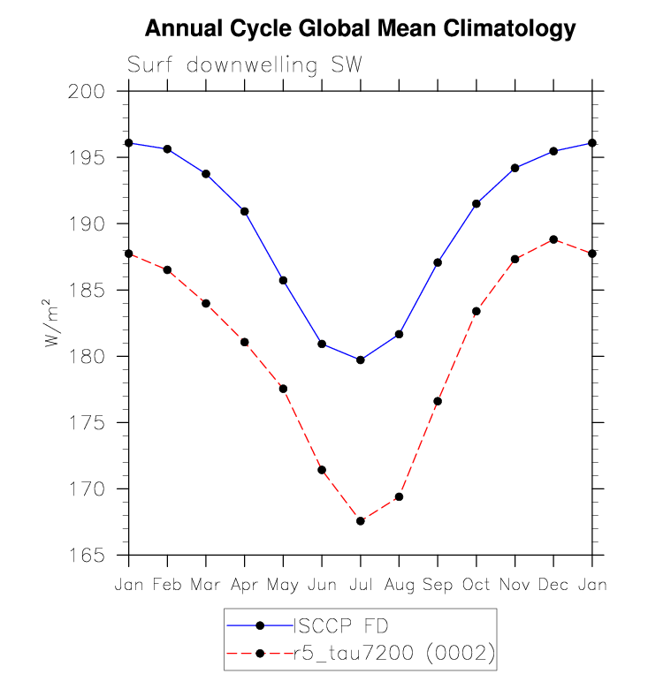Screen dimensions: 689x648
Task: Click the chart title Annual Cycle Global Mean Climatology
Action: [x=360, y=29]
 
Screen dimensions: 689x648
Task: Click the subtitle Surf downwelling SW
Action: [x=245, y=65]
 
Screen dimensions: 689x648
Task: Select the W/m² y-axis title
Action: [x=53, y=323]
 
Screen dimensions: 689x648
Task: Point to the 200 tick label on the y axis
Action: [x=88, y=92]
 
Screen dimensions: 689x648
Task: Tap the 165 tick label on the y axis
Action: [x=88, y=556]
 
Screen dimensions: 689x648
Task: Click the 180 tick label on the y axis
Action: [x=88, y=357]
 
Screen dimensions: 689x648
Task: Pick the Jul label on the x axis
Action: [x=360, y=586]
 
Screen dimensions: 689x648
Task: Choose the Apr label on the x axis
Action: [x=244, y=586]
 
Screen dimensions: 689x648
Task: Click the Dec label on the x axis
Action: [x=553, y=586]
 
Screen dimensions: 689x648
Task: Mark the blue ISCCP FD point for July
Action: [x=361, y=360]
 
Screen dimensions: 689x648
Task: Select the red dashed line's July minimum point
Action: [x=361, y=521]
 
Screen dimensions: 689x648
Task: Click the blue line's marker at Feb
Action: [x=167, y=149]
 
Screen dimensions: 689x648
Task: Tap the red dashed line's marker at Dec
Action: [x=553, y=239]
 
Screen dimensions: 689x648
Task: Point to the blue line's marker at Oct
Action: [x=476, y=204]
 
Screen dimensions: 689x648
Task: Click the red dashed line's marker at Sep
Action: [x=438, y=401]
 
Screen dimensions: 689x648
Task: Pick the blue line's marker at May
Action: [x=284, y=280]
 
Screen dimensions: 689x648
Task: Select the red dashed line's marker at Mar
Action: [x=206, y=303]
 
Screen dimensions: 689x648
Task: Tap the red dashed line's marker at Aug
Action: [x=399, y=496]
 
